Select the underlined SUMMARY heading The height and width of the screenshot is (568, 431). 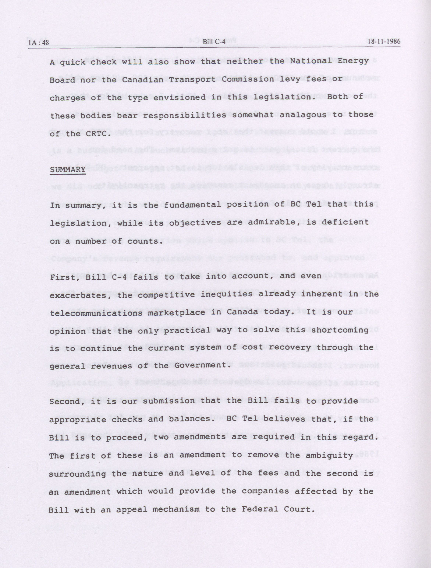click(68, 170)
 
